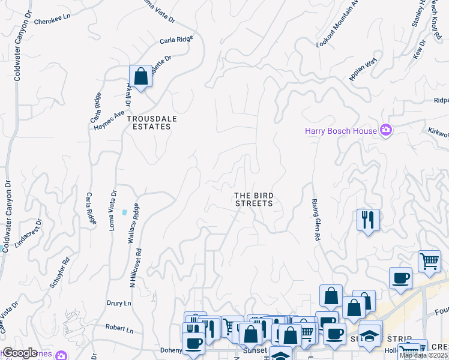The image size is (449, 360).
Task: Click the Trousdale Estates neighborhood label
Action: [x=152, y=122]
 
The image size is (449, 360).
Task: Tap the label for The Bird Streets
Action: [x=253, y=199]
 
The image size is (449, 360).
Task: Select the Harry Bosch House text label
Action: [x=340, y=131]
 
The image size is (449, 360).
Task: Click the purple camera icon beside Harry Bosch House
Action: [x=386, y=130]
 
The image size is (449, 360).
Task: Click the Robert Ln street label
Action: [x=119, y=328]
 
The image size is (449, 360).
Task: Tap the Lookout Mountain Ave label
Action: [x=337, y=24]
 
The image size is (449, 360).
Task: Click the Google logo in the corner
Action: [x=20, y=353]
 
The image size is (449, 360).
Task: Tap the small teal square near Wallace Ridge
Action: [x=124, y=212]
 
